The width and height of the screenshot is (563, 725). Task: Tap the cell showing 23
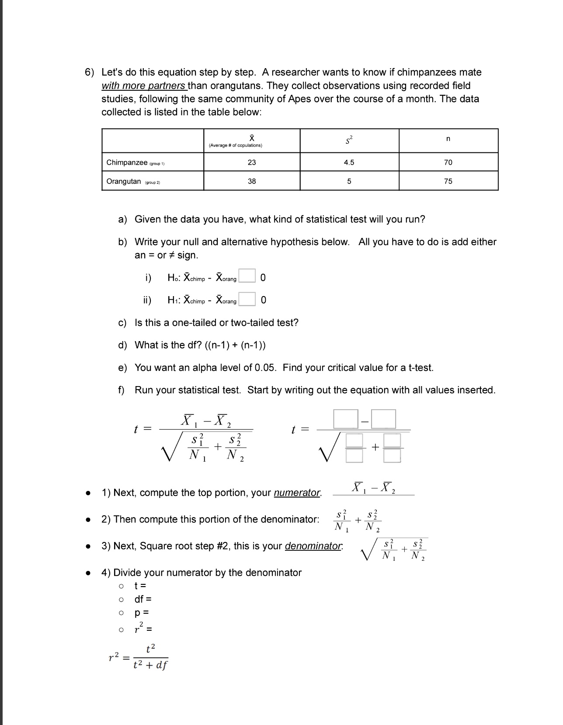[x=252, y=162]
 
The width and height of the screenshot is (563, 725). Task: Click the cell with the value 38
[x=252, y=181]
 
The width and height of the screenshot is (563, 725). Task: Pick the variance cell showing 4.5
[x=349, y=162]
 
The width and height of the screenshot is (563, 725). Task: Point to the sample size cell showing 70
[x=448, y=162]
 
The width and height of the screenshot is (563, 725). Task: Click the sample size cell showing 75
[x=448, y=181]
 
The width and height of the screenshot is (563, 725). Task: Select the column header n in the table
[x=448, y=139]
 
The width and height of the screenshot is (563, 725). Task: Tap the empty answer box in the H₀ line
[x=247, y=276]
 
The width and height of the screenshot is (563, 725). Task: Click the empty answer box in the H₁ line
[x=247, y=299]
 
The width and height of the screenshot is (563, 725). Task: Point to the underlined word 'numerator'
[x=297, y=493]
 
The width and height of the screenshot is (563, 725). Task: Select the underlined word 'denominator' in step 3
[x=313, y=546]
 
